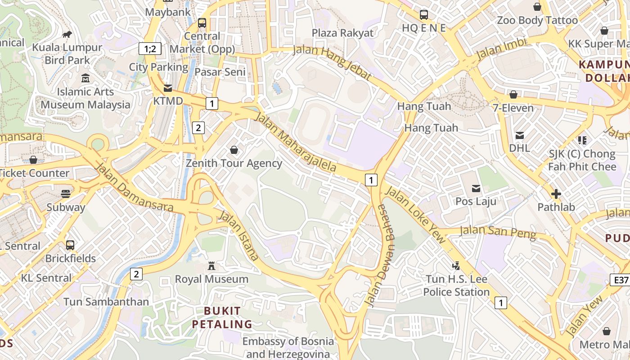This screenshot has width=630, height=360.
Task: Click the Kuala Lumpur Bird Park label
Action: click(67, 54)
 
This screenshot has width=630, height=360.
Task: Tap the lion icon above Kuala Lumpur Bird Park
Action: click(67, 34)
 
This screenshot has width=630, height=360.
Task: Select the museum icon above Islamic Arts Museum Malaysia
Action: click(85, 78)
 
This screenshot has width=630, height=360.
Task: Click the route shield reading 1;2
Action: click(150, 49)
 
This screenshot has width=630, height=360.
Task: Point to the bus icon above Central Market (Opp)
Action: click(202, 23)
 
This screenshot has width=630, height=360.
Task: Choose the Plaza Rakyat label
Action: click(342, 33)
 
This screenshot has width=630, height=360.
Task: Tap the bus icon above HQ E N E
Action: click(424, 15)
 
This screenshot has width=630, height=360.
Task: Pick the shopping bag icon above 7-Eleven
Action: click(513, 94)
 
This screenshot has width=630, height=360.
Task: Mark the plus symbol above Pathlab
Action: click(556, 194)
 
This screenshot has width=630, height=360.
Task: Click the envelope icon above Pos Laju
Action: click(476, 188)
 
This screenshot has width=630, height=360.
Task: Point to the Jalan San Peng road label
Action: click(498, 232)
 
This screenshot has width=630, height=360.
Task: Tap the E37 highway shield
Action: click(621, 280)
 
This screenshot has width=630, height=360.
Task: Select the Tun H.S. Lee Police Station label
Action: click(456, 286)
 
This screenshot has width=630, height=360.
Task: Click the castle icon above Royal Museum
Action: click(211, 266)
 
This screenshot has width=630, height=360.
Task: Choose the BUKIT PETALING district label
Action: click(222, 317)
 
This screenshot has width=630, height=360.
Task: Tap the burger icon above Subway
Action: click(66, 194)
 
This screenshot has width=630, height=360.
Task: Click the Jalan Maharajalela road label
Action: click(296, 142)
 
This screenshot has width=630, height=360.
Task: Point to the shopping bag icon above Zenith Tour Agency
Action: click(234, 150)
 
